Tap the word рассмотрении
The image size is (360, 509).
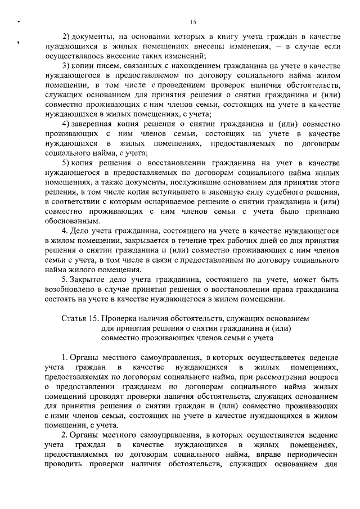[x=278, y=377]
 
